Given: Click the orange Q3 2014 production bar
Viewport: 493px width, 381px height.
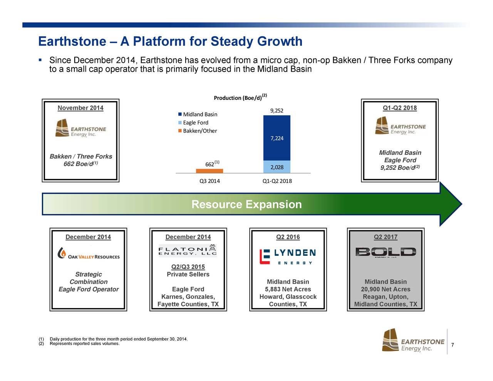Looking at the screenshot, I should [x=209, y=171].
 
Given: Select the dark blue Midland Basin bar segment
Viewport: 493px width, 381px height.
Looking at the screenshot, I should [x=277, y=138].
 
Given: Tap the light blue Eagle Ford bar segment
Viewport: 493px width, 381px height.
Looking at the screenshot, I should [x=277, y=167].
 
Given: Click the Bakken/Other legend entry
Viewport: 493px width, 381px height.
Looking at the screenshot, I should [x=198, y=131].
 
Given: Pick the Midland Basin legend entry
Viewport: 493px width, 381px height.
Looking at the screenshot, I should [x=198, y=114].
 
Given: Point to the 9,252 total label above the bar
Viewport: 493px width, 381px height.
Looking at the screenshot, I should [x=277, y=111].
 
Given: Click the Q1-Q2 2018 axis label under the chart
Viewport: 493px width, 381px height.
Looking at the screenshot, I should [x=277, y=181].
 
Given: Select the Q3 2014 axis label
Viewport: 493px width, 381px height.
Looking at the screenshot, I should [x=210, y=181].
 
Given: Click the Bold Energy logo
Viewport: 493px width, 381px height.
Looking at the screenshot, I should [x=386, y=252].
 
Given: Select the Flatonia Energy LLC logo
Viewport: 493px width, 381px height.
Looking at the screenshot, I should [x=188, y=251].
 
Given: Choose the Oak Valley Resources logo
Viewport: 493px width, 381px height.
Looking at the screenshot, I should [x=89, y=253].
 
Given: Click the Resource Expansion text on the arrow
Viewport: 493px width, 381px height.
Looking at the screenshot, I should [x=246, y=204].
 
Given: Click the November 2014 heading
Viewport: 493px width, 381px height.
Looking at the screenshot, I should [x=80, y=108].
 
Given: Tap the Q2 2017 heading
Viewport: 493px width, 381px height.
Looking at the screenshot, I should [x=386, y=237].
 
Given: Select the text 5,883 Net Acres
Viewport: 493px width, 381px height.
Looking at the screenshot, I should [x=288, y=289].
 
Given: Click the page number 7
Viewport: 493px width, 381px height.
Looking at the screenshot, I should [x=453, y=344].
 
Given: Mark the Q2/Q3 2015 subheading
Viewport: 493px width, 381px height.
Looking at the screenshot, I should [x=188, y=267].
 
